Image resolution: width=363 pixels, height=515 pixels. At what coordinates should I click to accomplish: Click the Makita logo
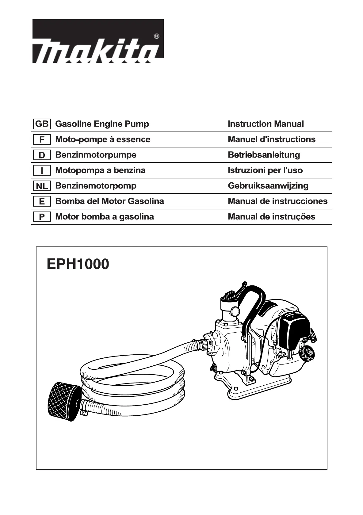(x=98, y=41)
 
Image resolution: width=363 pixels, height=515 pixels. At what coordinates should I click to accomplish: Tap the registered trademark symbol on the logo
(x=156, y=36)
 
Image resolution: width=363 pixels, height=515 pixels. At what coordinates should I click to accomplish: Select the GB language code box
(x=42, y=124)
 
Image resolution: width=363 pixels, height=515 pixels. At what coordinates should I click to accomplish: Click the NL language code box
(x=42, y=186)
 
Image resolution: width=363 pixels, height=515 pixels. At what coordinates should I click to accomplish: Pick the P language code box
(x=42, y=217)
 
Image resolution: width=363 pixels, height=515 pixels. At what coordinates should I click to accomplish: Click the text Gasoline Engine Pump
(x=102, y=124)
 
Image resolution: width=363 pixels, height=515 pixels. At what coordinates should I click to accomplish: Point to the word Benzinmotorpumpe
(x=96, y=155)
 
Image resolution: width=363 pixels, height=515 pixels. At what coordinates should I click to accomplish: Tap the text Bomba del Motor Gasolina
(x=109, y=201)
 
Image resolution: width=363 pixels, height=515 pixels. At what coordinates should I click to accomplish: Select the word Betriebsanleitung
(x=264, y=155)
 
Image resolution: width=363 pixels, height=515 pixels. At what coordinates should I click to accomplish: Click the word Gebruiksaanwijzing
(x=268, y=186)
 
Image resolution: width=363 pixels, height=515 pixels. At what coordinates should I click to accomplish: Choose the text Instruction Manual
(x=266, y=124)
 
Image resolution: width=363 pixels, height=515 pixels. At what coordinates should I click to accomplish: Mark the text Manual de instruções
(x=271, y=217)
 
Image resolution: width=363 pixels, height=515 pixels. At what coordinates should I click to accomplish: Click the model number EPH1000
(x=78, y=264)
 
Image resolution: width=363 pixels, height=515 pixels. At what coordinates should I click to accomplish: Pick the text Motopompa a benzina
(x=100, y=170)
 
